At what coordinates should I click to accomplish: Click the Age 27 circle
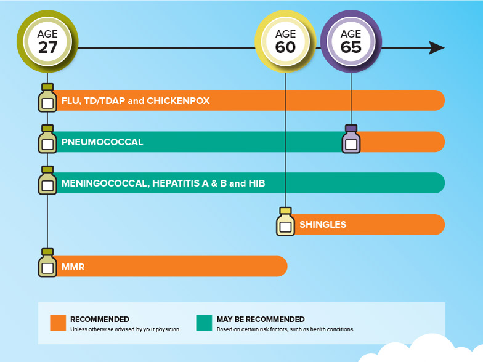point(47,41)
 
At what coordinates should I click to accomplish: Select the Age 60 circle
point(285,41)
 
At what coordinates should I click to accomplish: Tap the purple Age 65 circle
point(351,41)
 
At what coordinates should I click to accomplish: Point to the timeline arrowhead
point(437,48)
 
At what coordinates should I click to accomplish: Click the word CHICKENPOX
point(178,100)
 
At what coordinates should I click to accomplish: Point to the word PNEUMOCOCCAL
point(102,142)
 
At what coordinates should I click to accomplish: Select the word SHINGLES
point(323,225)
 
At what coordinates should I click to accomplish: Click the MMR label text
point(73,267)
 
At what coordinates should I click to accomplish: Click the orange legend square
point(58,323)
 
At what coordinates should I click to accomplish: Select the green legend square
point(204,323)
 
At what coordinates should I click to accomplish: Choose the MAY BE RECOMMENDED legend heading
point(261,319)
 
